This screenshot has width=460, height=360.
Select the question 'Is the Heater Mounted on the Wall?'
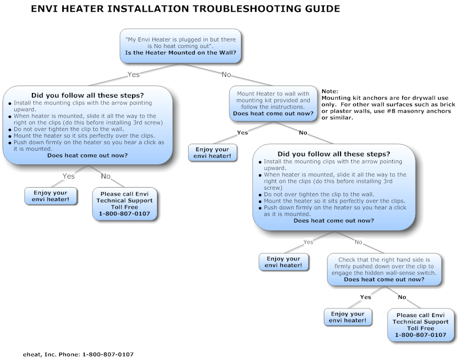(x=181, y=53)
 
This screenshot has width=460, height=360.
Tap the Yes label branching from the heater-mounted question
(x=133, y=74)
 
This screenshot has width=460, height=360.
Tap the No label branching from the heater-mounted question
(x=226, y=74)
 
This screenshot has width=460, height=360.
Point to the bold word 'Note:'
(x=329, y=91)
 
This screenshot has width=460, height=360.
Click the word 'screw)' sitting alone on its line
(x=273, y=187)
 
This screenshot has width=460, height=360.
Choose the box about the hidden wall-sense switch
(x=384, y=269)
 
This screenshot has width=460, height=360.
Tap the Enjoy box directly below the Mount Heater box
(x=213, y=153)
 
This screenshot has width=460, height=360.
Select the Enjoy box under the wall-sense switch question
(x=348, y=317)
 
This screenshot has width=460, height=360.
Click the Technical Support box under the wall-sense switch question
(x=421, y=325)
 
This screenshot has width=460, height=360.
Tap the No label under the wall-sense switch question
(x=402, y=297)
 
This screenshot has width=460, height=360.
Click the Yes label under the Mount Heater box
(x=242, y=132)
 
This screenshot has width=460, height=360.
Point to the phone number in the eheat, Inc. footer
(x=108, y=354)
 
